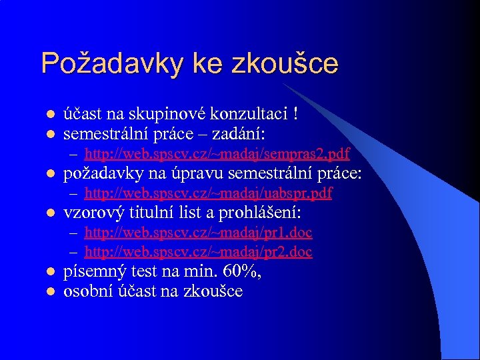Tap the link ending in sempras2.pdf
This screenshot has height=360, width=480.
tap(217, 155)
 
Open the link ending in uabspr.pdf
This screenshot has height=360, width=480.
tap(208, 193)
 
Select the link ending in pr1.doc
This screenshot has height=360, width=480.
tap(198, 232)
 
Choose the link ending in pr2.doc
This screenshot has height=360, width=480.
tap(198, 252)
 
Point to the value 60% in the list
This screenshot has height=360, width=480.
tap(241, 272)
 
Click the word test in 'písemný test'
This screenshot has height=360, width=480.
tap(135, 272)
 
